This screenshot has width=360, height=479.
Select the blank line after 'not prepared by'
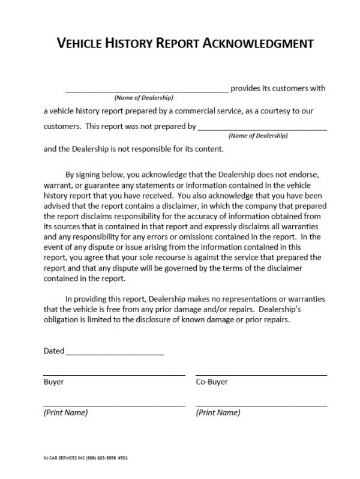[x=262, y=129]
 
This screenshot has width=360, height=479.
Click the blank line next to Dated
[x=115, y=354]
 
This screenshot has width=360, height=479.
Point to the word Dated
[x=54, y=351]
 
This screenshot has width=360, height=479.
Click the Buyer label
[x=54, y=382]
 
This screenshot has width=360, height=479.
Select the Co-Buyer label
[x=212, y=382]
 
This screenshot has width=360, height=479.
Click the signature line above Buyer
[x=114, y=375]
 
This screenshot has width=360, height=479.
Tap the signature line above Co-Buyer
[x=261, y=375]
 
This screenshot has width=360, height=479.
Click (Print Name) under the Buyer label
[x=65, y=412]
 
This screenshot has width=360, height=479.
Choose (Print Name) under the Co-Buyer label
[x=218, y=412]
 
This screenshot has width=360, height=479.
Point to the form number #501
[x=124, y=458]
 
